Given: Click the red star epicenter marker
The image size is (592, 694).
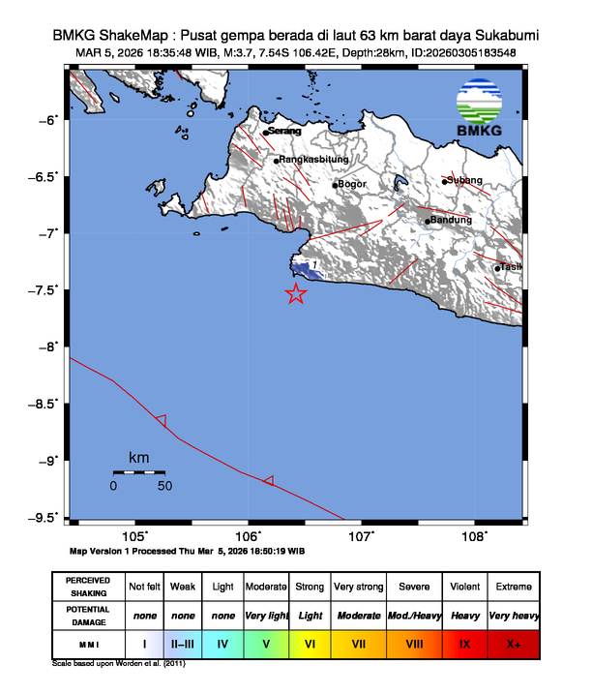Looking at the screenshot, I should pos(296,294).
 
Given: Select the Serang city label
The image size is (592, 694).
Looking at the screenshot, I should pos(284,132).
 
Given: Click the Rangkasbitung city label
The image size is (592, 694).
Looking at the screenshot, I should pos(314,161).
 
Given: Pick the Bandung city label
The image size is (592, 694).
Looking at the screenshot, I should pos(451,220).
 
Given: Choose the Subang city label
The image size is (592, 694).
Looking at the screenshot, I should pos(465,180).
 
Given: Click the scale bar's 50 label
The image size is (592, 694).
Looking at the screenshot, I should pos(164,486).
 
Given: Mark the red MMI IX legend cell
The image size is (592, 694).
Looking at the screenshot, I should pos(464,643).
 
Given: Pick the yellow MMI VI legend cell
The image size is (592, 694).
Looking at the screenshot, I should pos(311,643).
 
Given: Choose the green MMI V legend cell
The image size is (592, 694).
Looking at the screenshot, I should pos(266,643).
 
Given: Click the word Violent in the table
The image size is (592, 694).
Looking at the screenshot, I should pos(464,588).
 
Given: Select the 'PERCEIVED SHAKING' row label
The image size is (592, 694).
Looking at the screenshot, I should pos(87,588).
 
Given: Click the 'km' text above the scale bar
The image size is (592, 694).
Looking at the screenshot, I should pos(138,457).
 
